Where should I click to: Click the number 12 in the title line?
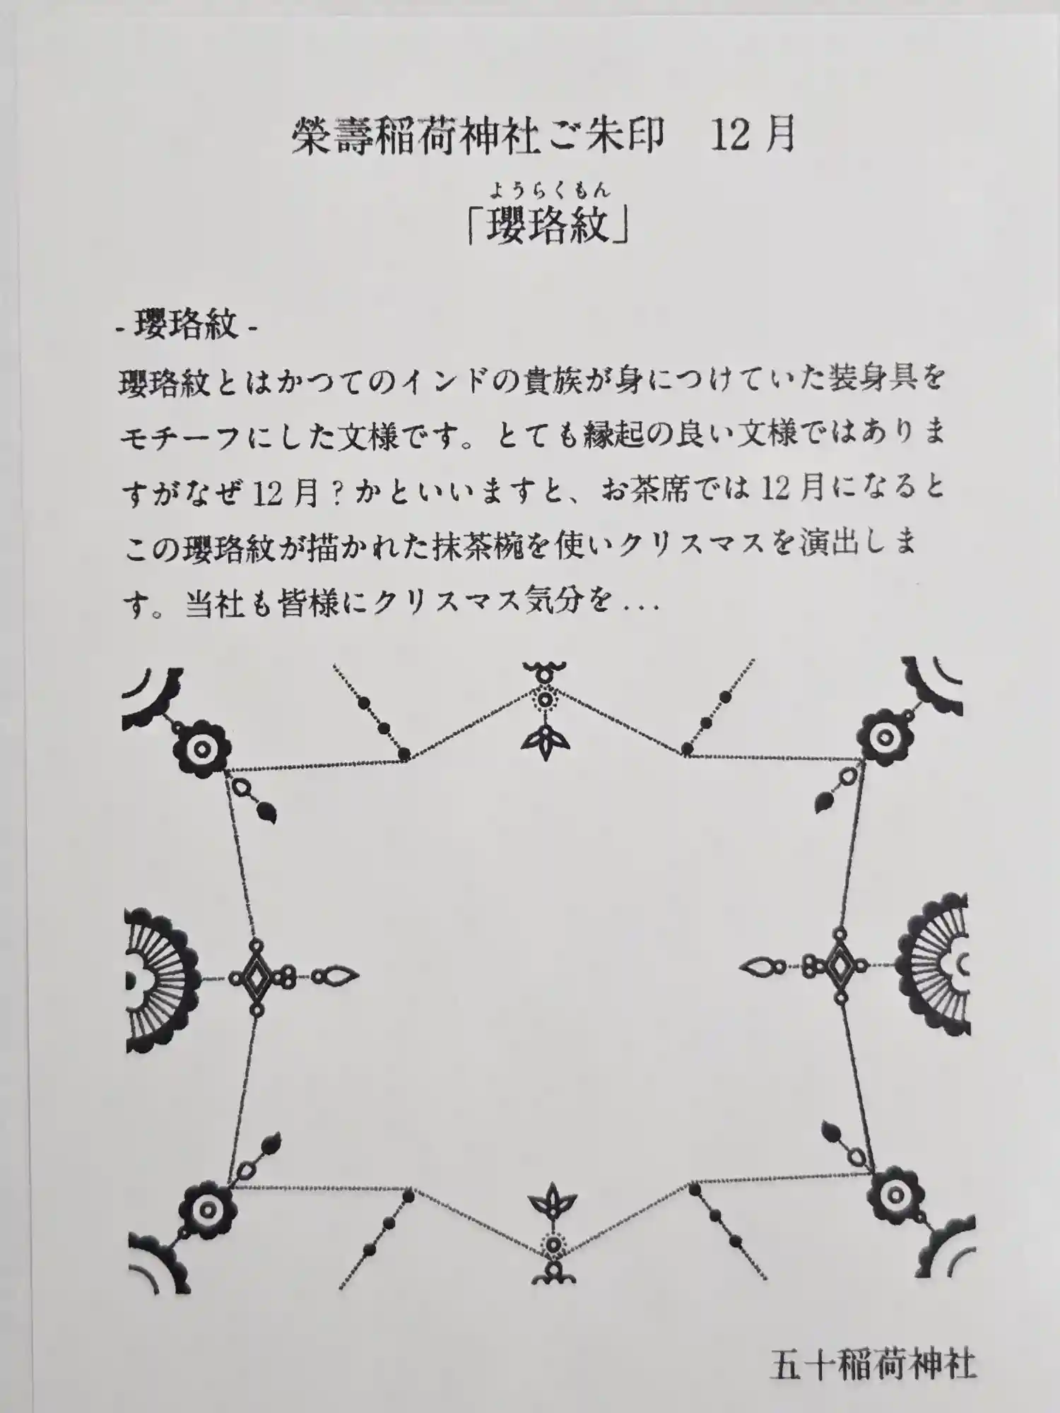tap(729, 135)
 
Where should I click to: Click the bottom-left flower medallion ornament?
tap(206, 1208)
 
